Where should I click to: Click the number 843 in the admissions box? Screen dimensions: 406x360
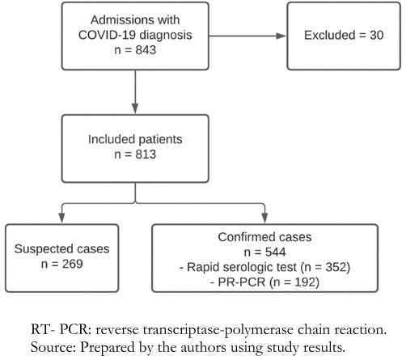(146, 50)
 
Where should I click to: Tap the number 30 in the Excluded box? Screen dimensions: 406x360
(376, 36)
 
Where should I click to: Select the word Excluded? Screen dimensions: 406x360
(330, 36)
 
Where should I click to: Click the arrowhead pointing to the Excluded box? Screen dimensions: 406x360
(281, 36)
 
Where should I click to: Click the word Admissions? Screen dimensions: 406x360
(121, 20)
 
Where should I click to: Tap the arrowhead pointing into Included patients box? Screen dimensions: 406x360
(135, 108)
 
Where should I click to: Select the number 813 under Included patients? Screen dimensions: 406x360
(146, 155)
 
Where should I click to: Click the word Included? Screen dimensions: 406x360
(112, 139)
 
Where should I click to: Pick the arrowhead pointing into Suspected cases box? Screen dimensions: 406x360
(61, 218)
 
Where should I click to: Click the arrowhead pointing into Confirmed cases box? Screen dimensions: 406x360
(264, 218)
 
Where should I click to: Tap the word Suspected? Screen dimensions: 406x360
(43, 249)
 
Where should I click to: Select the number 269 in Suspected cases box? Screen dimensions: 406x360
(73, 264)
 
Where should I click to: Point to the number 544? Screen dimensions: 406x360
(276, 252)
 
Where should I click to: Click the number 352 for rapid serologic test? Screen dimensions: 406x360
(336, 267)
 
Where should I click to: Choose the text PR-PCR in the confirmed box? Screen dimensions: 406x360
(242, 282)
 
